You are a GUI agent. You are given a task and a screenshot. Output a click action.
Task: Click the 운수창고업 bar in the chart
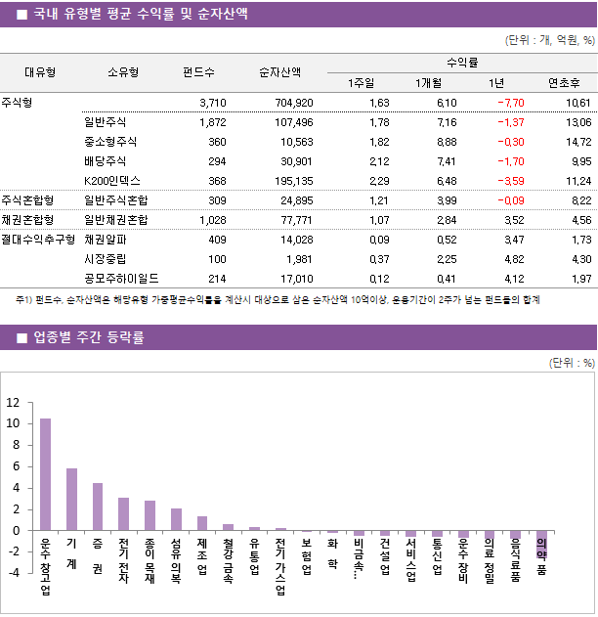pyautogui.click(x=45, y=474)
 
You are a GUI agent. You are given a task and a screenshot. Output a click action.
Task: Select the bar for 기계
pyautogui.click(x=71, y=499)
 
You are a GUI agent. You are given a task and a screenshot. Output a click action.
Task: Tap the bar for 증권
pyautogui.click(x=98, y=507)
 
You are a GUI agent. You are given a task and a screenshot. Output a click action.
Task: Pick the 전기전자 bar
pyautogui.click(x=123, y=513)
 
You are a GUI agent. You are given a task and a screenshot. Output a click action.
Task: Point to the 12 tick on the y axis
pyautogui.click(x=13, y=403)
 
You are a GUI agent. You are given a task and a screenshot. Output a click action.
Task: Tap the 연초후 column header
pyautogui.click(x=566, y=82)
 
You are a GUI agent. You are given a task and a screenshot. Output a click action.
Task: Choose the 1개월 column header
pyautogui.click(x=430, y=82)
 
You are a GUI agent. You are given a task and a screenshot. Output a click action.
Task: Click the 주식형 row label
pyautogui.click(x=16, y=103)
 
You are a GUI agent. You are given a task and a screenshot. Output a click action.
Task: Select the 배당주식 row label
pyautogui.click(x=106, y=161)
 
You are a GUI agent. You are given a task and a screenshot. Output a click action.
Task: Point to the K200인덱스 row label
pyautogui.click(x=112, y=181)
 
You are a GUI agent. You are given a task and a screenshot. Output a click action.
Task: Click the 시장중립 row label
pyautogui.click(x=106, y=259)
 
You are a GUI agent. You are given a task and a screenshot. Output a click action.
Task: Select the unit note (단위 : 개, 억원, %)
pyautogui.click(x=548, y=40)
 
